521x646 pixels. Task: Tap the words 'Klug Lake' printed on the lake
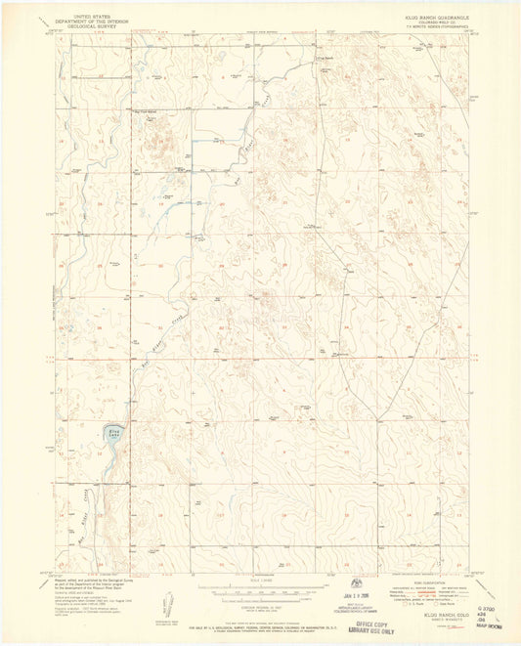click(113, 429)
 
